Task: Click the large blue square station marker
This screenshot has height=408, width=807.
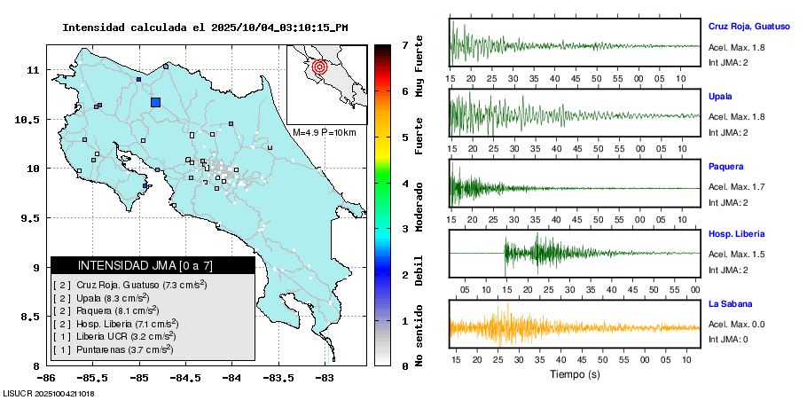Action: pyautogui.click(x=156, y=102)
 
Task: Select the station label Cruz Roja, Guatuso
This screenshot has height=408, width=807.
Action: pyautogui.click(x=748, y=27)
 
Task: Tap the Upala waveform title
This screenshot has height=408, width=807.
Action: pyautogui.click(x=720, y=96)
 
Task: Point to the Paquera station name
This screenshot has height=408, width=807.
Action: pyautogui.click(x=725, y=166)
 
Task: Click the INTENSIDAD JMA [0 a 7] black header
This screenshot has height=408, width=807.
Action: pyautogui.click(x=153, y=265)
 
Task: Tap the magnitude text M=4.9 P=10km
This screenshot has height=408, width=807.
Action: pyautogui.click(x=324, y=132)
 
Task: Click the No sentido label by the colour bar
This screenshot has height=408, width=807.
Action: pyautogui.click(x=419, y=338)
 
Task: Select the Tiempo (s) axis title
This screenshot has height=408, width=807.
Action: pyautogui.click(x=574, y=375)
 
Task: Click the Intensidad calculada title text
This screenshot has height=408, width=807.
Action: pyautogui.click(x=205, y=27)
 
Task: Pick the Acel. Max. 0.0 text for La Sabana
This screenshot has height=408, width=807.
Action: pyautogui.click(x=736, y=324)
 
